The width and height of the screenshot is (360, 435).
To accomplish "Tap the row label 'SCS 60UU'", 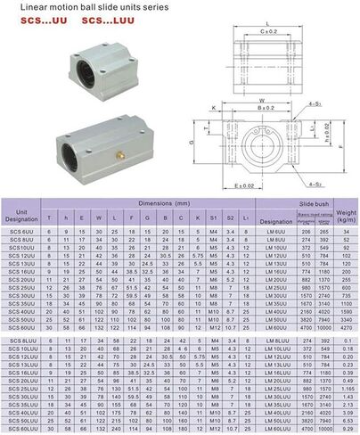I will (x=21, y=327).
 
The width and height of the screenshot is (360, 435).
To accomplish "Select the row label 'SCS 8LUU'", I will (x=22, y=341).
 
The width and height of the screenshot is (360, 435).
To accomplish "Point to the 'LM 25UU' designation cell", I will (x=276, y=287).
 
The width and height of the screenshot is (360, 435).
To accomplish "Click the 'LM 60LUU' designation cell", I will (x=278, y=427).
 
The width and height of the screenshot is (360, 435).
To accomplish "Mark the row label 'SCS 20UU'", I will (x=21, y=279).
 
